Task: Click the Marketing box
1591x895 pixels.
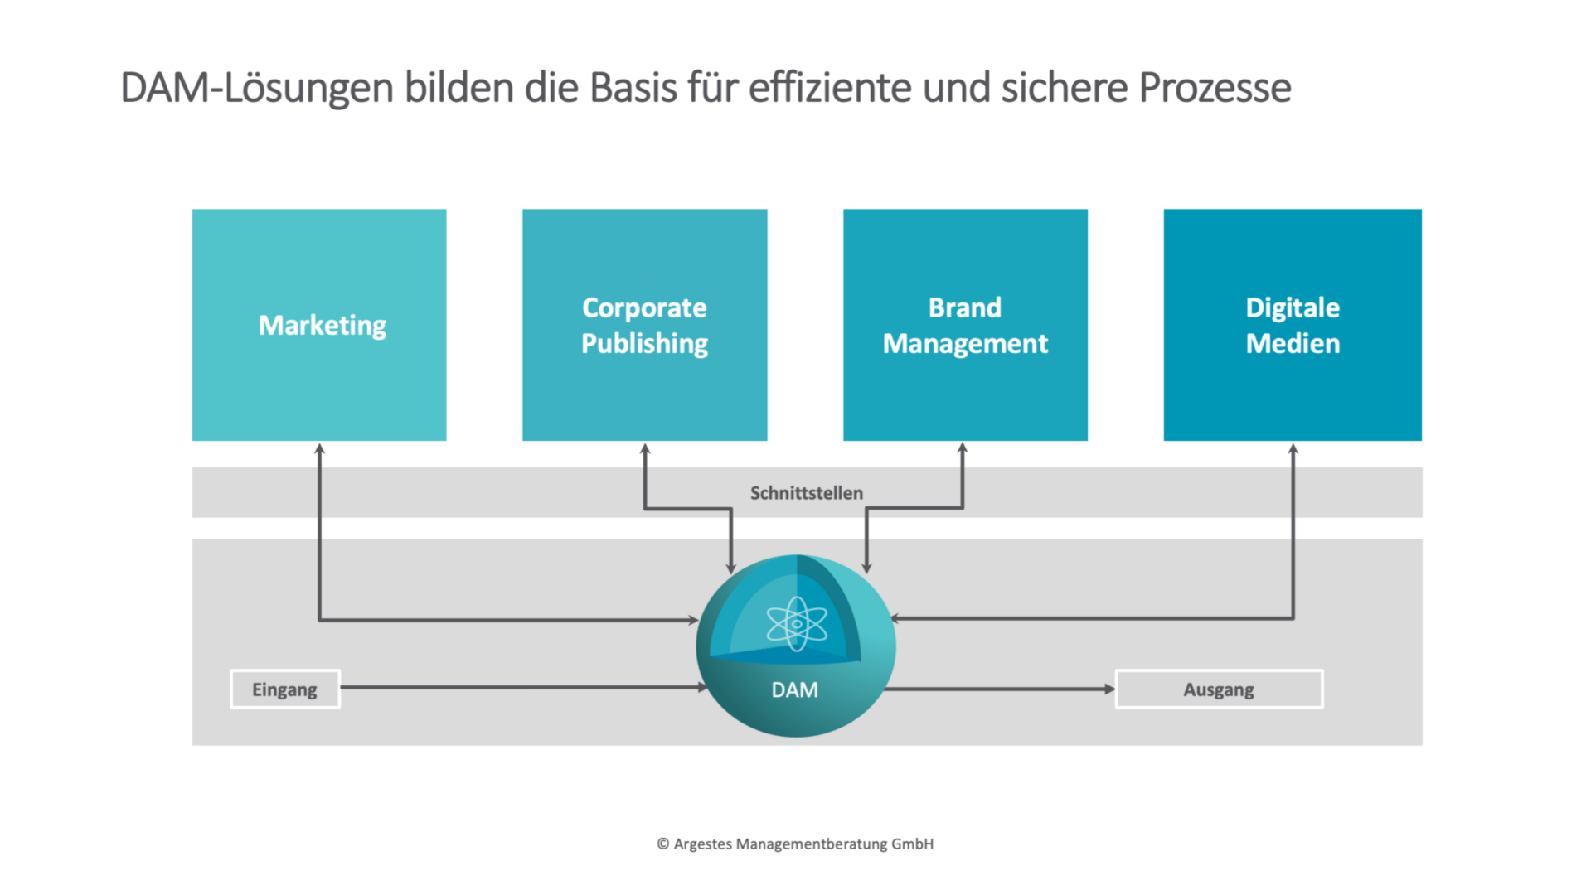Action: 319,325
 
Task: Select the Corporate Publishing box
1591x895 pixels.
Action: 645,325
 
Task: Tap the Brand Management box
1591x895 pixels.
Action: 965,325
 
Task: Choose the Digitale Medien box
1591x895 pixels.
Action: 1293,325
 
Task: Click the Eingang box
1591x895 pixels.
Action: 285,689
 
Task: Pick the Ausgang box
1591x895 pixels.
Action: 1219,689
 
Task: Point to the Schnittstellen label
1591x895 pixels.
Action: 807,493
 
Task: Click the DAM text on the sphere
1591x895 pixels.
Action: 794,690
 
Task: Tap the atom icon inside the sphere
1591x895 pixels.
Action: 797,624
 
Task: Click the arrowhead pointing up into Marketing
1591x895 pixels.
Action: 319,448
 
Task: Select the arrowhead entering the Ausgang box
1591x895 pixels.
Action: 1110,689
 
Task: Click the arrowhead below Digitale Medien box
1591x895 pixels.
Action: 1293,448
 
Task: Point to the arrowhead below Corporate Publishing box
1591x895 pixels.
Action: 645,448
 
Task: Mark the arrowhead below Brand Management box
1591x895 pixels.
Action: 963,448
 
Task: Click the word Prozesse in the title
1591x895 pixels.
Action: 1215,88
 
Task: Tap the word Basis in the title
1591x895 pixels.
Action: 633,88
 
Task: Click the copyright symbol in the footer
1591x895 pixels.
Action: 663,844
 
